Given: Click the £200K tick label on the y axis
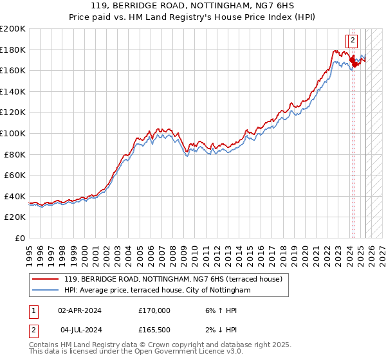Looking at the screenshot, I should (x=13, y=29).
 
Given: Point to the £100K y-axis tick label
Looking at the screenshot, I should (x=13, y=133).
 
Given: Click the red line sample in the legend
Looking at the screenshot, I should (x=45, y=279).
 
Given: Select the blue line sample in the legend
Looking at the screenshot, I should (x=45, y=291).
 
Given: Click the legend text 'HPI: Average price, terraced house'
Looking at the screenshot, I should (x=124, y=291).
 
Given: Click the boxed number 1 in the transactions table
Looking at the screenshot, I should (x=33, y=310).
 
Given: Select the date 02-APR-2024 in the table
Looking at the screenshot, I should (x=80, y=310).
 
